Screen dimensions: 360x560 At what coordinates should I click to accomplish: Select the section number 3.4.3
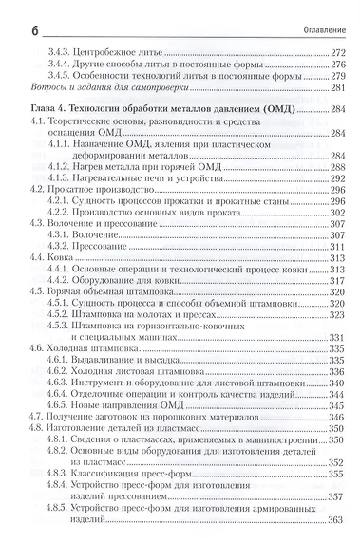[58, 47]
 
